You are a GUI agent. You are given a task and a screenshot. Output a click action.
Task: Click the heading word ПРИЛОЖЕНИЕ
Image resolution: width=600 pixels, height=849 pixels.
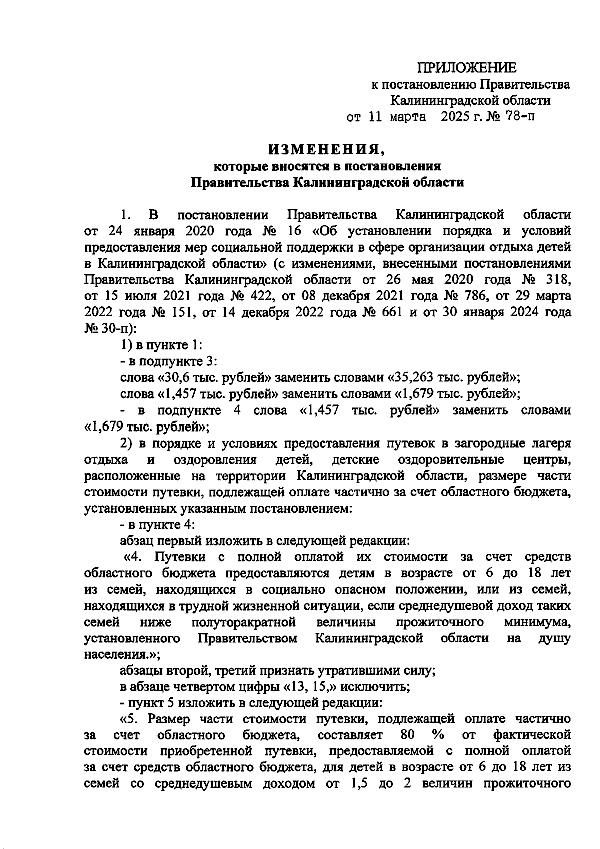pyautogui.click(x=467, y=68)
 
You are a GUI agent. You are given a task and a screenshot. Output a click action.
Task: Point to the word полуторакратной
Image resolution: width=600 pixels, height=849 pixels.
pyautogui.click(x=244, y=622)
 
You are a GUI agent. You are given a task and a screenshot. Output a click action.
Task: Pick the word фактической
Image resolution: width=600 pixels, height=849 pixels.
pyautogui.click(x=532, y=735)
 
